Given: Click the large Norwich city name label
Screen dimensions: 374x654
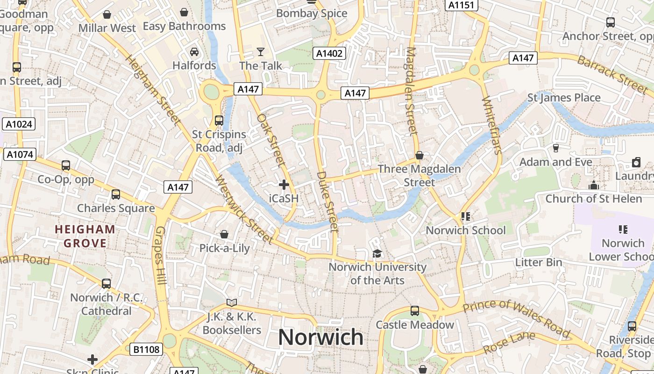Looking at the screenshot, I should coord(320,337).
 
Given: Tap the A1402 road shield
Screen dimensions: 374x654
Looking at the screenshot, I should coord(329,53).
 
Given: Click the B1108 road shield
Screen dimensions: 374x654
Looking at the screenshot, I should coord(146,349).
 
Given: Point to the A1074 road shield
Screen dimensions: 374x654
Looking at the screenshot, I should coord(20,154).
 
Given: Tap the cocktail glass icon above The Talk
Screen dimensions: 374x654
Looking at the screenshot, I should coord(261,51).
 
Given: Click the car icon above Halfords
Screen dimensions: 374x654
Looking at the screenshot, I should coord(194,51).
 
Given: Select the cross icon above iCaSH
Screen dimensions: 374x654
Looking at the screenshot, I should coord(284,185).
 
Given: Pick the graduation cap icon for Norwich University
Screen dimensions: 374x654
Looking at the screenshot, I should coord(377,253).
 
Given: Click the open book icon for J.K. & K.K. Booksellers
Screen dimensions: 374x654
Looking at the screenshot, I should coord(232,302).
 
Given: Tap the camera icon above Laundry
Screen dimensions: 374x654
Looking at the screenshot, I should coord(636,162).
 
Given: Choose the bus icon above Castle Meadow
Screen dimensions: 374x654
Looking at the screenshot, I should coord(414,311).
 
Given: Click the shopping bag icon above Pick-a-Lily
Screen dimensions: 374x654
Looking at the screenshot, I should coord(224,234).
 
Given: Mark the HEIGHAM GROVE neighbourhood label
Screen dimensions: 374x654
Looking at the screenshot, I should coord(85,236).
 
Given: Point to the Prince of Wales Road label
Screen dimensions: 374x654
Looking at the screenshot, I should coord(516,318).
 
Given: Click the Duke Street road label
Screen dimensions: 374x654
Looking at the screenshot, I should coord(327,202).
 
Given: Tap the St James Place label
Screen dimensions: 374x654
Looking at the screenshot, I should coord(564,98).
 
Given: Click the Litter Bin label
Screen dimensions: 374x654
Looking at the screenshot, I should coord(539,262).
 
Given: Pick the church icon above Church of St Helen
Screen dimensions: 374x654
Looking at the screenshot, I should coord(594,185).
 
